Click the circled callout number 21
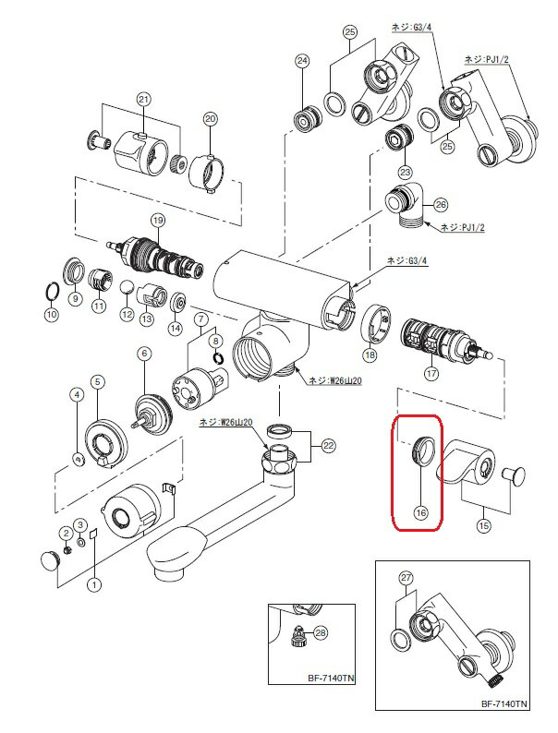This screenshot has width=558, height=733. click(143, 99)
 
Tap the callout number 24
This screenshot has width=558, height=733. click(301, 62)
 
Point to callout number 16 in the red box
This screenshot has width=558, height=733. click(420, 511)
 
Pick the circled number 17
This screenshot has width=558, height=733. click(431, 374)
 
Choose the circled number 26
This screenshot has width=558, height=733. click(440, 204)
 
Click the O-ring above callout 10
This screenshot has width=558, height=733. click(52, 293)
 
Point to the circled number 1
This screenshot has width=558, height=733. click(93, 583)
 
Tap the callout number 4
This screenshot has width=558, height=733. click(78, 394)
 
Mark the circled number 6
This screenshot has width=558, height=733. click(143, 352)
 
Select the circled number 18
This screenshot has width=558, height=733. click(370, 354)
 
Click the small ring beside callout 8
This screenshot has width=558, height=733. click(216, 357)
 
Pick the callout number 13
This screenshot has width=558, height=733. click(147, 317)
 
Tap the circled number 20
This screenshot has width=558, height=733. click(210, 118)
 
